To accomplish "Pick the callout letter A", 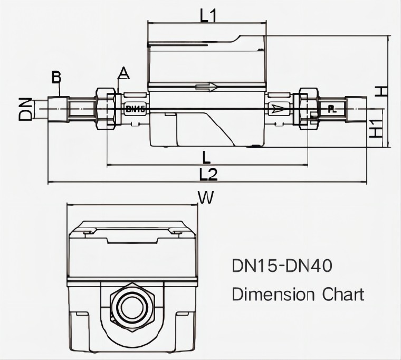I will (123, 72).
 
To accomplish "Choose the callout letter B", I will (56, 78).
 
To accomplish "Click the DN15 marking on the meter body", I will (136, 109).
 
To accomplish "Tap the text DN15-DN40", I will (282, 266).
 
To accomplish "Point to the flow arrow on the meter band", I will (206, 88).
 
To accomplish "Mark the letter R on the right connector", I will (331, 109).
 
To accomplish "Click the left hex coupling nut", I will (106, 109).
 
